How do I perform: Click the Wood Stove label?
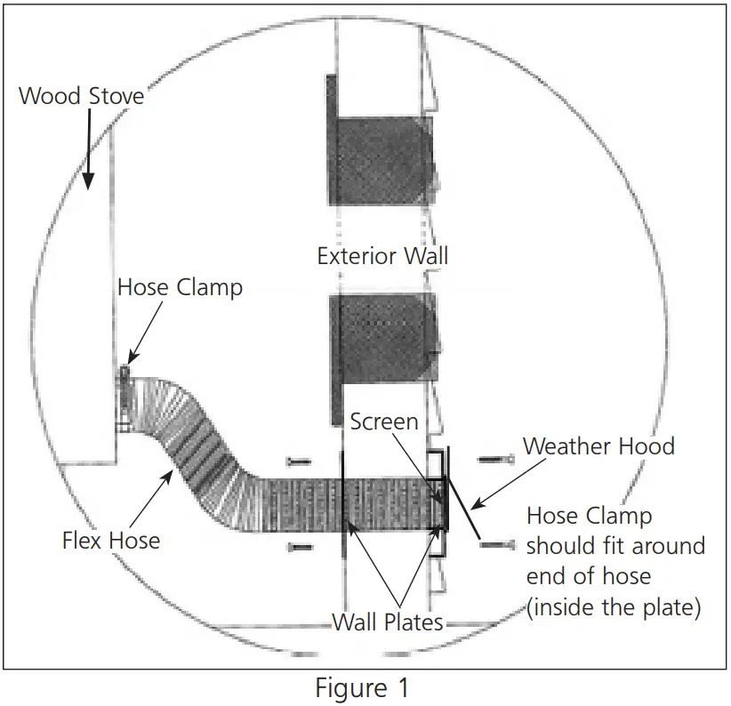81,95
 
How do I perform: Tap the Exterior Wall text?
382,257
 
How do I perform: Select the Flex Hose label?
111,540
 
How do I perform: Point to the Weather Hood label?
598,445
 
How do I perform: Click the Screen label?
383,421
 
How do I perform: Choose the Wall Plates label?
388,622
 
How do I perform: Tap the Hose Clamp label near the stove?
180,288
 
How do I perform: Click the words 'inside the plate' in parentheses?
614,607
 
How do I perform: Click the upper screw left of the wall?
300,461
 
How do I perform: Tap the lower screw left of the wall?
300,547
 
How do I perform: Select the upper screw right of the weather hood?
495,459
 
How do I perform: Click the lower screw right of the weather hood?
495,543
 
